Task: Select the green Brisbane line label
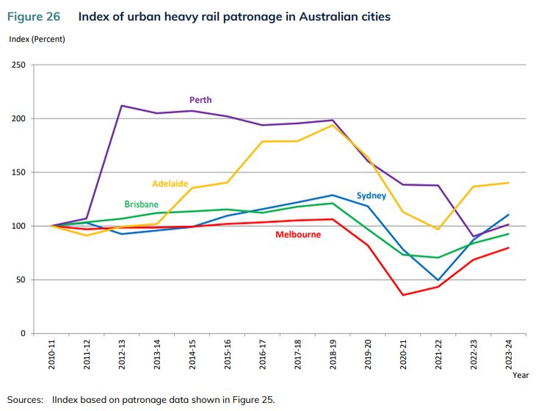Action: (142, 203)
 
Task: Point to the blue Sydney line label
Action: (371, 195)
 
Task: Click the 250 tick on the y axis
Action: (18, 65)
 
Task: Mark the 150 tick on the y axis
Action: (18, 172)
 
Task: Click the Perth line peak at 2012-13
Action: (121, 106)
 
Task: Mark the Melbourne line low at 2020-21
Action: (403, 295)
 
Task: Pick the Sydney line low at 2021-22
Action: (438, 280)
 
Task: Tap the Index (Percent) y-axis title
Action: (37, 38)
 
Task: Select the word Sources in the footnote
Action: (26, 399)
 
